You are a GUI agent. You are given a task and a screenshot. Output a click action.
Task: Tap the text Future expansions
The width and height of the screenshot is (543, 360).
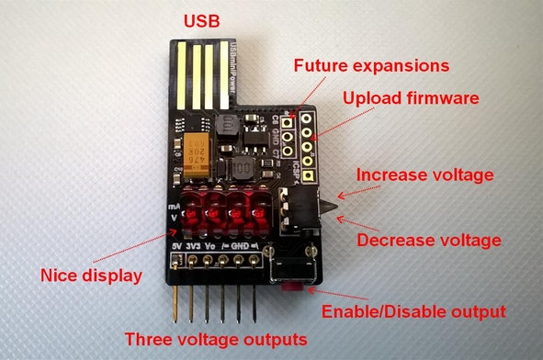(x=370, y=66)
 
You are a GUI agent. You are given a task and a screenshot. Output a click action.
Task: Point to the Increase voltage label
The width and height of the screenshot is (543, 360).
(x=425, y=174)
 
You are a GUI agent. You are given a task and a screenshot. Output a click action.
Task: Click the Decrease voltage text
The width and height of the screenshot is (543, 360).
(x=428, y=241)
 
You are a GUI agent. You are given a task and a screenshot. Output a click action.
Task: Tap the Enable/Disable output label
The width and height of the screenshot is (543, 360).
(x=413, y=310)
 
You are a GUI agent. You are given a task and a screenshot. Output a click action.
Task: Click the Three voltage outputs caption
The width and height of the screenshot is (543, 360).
(x=215, y=339)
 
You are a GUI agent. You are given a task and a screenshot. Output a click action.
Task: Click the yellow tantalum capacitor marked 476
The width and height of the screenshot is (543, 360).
(x=199, y=153)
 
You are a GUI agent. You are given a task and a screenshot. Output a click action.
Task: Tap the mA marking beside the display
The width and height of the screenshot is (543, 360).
(x=174, y=209)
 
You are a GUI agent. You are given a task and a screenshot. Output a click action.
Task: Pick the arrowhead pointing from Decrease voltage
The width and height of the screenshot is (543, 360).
(x=340, y=219)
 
